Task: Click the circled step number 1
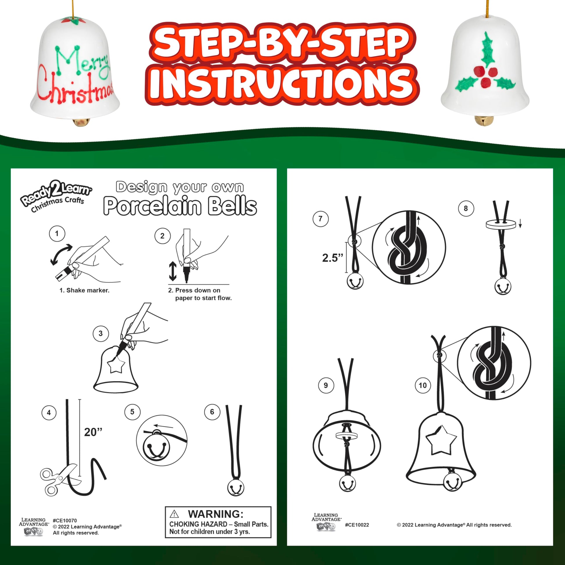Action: click(57, 234)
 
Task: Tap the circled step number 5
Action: click(132, 412)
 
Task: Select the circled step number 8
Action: click(466, 208)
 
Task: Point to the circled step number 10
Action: click(422, 385)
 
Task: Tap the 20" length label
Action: click(93, 432)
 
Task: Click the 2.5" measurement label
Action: click(332, 258)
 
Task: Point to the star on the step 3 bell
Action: click(116, 366)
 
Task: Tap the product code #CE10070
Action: click(65, 521)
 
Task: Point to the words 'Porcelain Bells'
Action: click(180, 206)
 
